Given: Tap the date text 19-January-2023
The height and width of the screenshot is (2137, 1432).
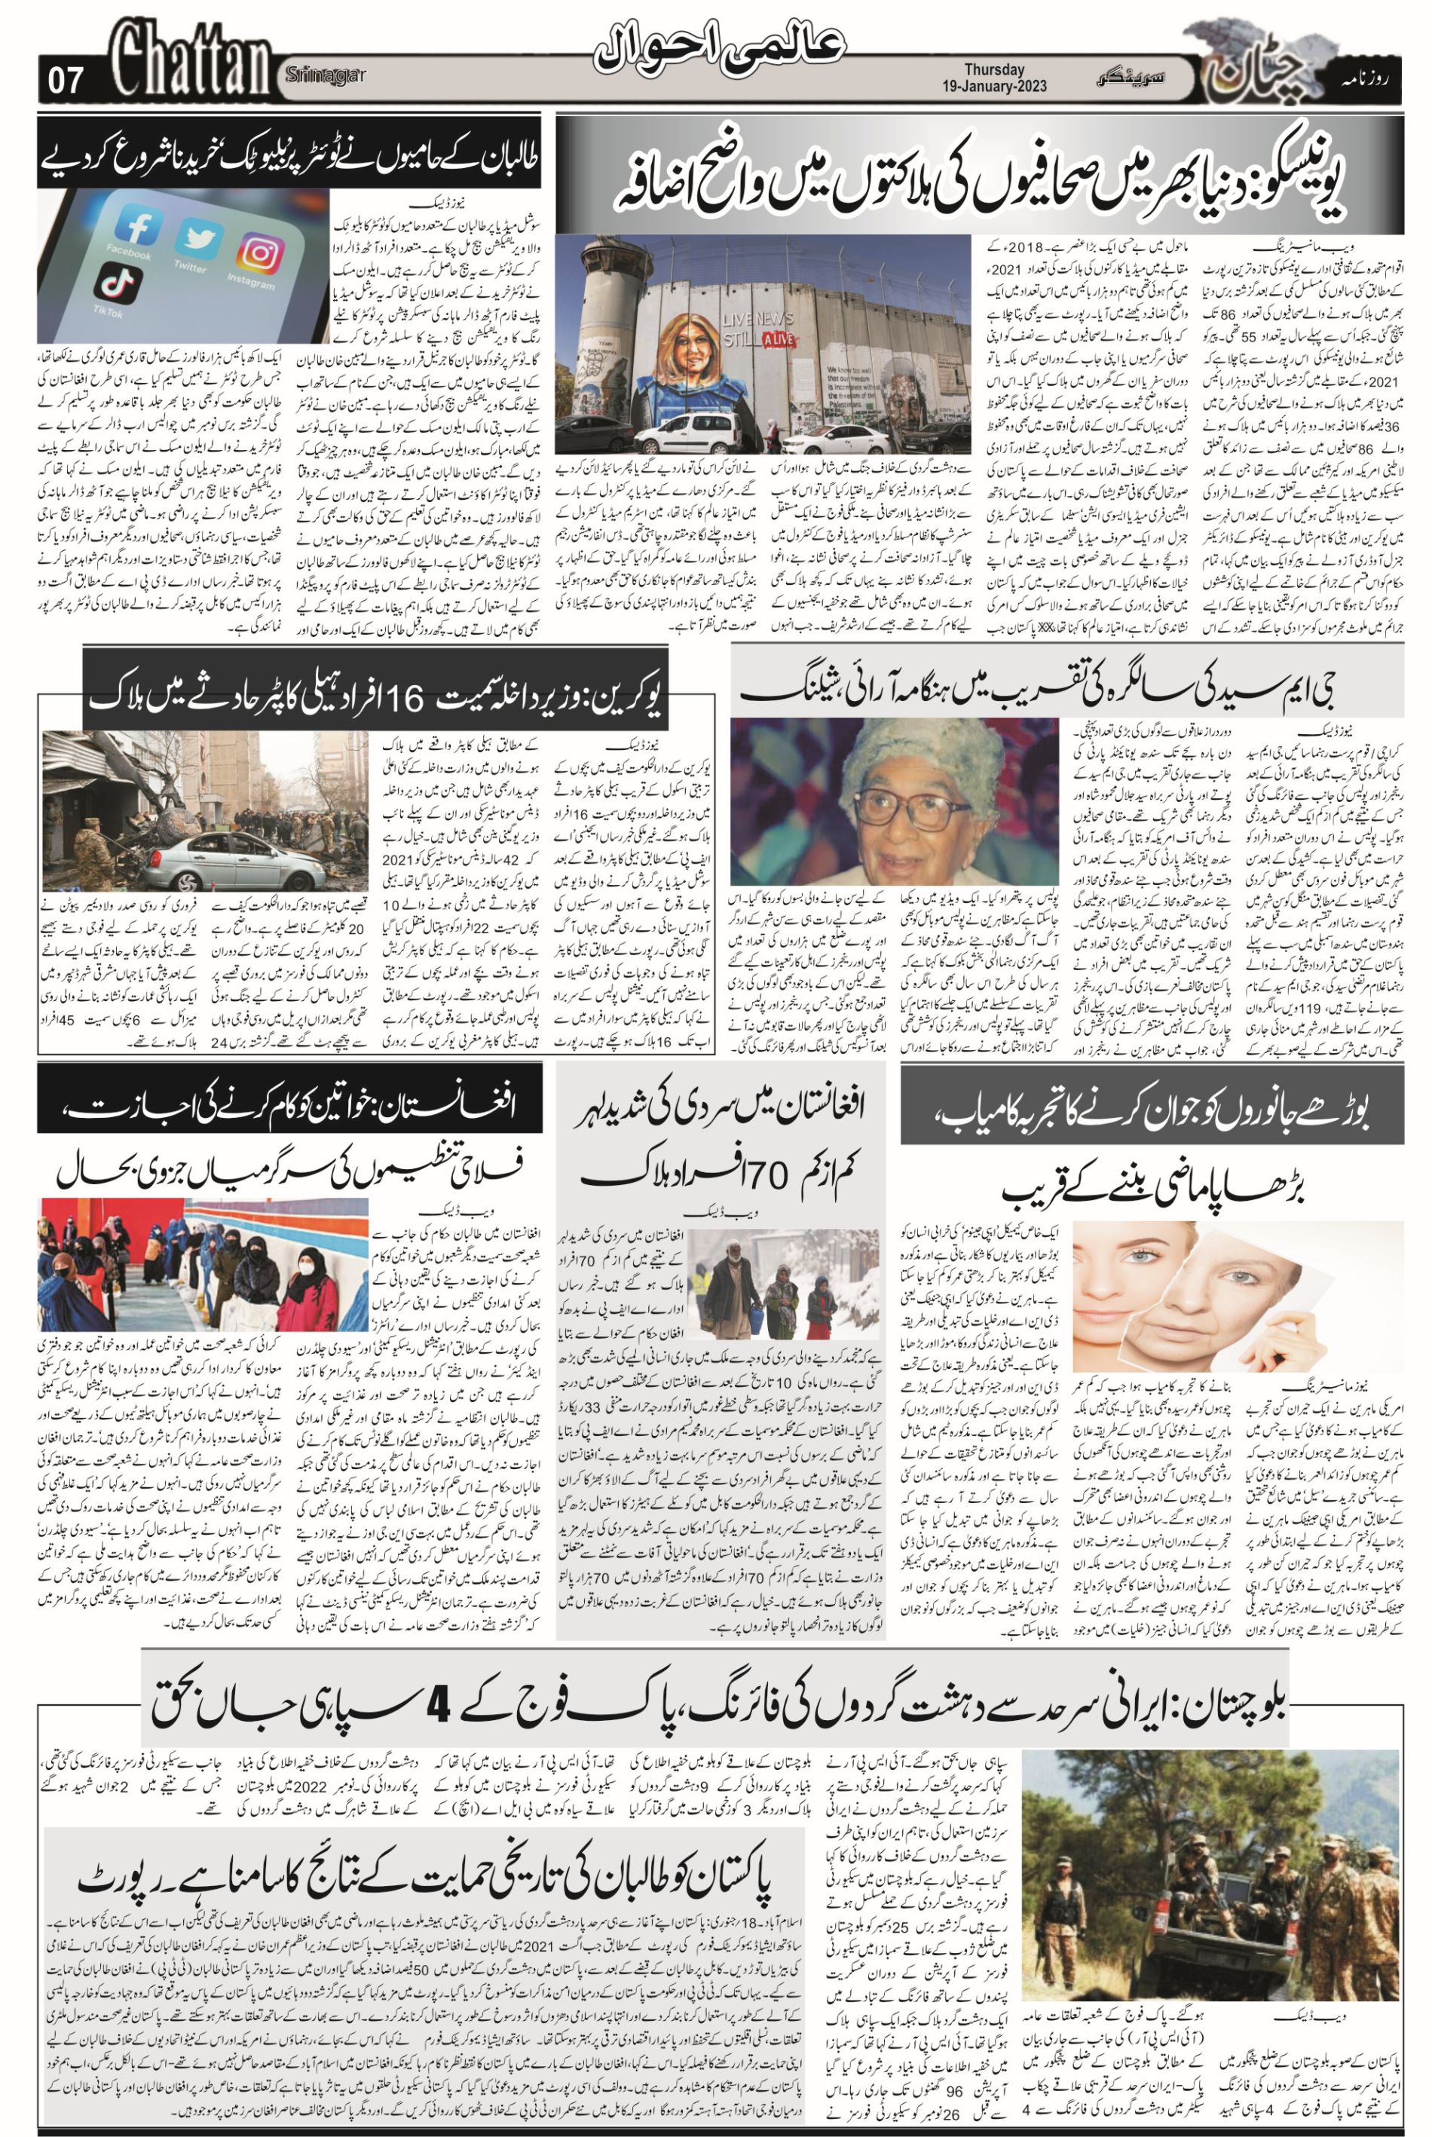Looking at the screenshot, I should click(x=996, y=86).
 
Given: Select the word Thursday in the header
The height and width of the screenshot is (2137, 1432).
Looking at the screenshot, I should click(x=995, y=70).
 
